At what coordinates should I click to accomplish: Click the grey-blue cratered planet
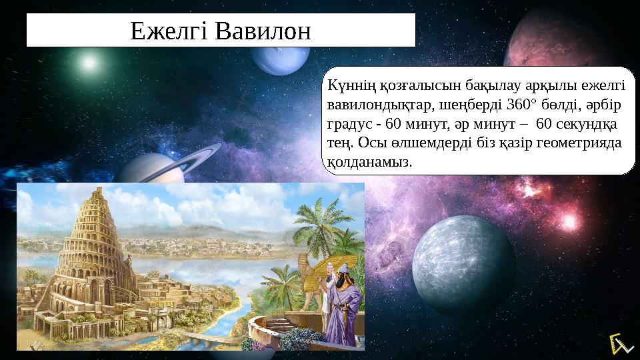(463, 257)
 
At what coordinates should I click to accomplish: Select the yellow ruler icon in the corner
(619, 343)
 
